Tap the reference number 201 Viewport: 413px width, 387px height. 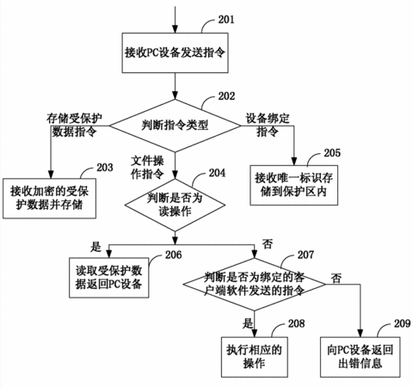point(226,20)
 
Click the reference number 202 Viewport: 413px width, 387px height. point(226,96)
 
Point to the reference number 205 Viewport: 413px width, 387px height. point(332,153)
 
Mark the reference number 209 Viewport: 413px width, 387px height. point(403,323)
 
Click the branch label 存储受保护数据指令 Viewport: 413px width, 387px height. point(74,125)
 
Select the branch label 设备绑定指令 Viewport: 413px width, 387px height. point(268,125)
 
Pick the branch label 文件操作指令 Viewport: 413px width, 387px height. point(147,168)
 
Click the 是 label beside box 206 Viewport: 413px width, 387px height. point(96,247)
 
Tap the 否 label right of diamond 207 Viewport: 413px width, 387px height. point(336,278)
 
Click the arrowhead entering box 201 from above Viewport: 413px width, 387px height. point(175,29)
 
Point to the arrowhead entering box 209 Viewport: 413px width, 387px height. point(361,333)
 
